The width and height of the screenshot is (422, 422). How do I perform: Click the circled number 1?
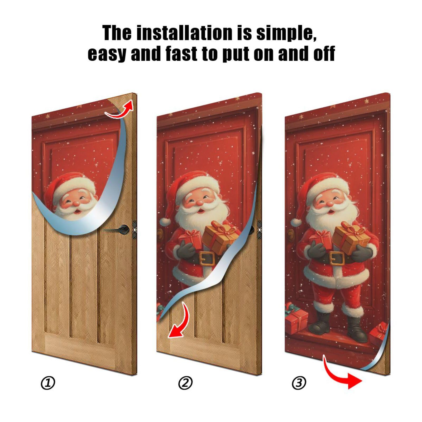pyautogui.click(x=48, y=383)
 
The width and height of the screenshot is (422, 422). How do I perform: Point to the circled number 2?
pyautogui.click(x=185, y=383)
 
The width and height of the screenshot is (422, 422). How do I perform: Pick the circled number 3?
pyautogui.click(x=299, y=383)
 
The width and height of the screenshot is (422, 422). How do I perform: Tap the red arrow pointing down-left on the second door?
pyautogui.click(x=179, y=321)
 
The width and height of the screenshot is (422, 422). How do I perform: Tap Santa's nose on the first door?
pyautogui.click(x=76, y=203)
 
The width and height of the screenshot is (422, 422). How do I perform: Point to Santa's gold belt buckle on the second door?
pyautogui.click(x=206, y=258)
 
